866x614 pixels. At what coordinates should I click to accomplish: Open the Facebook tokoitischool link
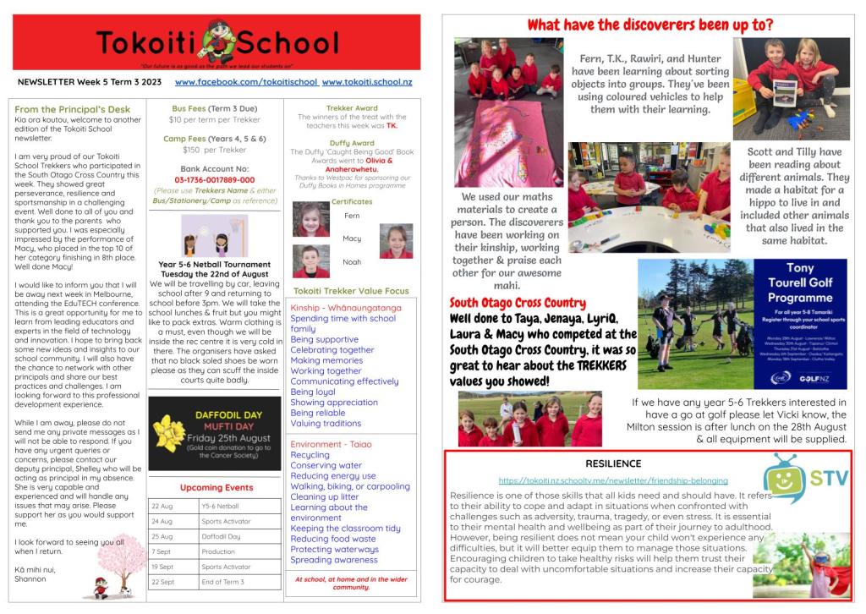246,82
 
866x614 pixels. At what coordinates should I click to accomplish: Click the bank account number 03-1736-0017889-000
214,180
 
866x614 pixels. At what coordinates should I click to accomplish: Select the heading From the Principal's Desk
73,109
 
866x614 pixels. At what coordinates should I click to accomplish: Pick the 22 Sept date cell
162,583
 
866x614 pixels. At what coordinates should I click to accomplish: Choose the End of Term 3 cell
222,583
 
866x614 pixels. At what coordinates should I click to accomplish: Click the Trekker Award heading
352,108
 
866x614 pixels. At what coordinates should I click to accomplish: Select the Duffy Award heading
352,143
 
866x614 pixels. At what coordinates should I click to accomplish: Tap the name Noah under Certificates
352,262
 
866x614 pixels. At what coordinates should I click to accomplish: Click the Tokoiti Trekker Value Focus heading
351,291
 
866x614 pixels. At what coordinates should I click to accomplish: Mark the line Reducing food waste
333,539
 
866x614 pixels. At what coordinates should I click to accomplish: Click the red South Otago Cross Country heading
518,303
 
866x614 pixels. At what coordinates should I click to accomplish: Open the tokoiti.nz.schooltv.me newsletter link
612,480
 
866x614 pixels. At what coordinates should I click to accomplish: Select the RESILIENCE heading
613,463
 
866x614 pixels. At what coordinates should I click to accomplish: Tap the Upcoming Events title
216,487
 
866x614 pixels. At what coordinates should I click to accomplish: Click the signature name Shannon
30,579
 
